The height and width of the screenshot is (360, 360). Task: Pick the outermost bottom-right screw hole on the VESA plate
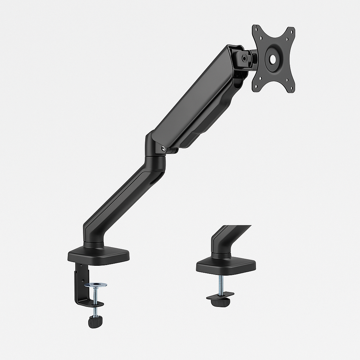pyautogui.click(x=291, y=89)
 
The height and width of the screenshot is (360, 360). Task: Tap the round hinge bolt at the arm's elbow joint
pyautogui.click(x=164, y=149)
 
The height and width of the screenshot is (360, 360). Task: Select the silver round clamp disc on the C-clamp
pyautogui.click(x=96, y=284)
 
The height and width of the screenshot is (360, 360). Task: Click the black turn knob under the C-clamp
pyautogui.click(x=95, y=321)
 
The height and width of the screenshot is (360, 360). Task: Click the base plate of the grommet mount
pyautogui.click(x=226, y=266)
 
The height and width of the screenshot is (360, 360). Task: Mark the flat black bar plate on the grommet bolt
pyautogui.click(x=220, y=295)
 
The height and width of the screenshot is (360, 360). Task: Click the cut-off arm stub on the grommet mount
pyautogui.click(x=225, y=239)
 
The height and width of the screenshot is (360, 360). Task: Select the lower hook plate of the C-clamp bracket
pyautogui.click(x=90, y=303)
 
